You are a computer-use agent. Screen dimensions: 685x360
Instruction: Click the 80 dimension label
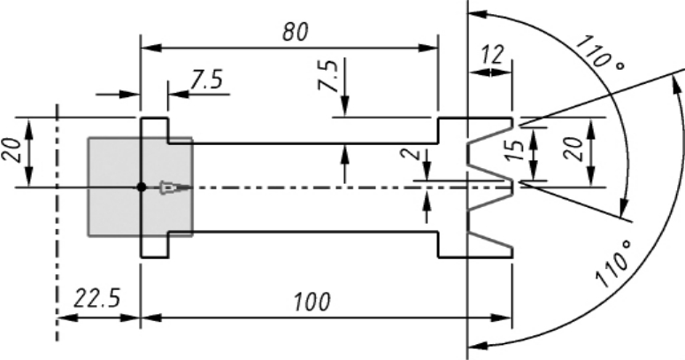[x=296, y=32]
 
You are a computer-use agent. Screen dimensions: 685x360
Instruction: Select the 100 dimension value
[x=312, y=302]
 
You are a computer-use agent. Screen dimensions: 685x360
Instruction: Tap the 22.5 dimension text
[x=96, y=299]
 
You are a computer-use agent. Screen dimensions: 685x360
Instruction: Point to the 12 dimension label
[x=492, y=55]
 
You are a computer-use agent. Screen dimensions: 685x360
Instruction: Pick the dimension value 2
[x=416, y=154]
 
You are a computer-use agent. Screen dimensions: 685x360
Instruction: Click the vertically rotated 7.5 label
[x=328, y=75]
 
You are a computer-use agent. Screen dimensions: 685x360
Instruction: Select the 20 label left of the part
[x=12, y=150]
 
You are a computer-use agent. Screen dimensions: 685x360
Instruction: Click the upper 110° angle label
[x=600, y=55]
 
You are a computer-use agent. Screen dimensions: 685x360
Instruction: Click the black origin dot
[x=141, y=188]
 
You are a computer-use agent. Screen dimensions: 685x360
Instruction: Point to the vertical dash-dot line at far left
[x=57, y=223]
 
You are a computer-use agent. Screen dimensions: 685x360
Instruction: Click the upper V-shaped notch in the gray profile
[x=490, y=153]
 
